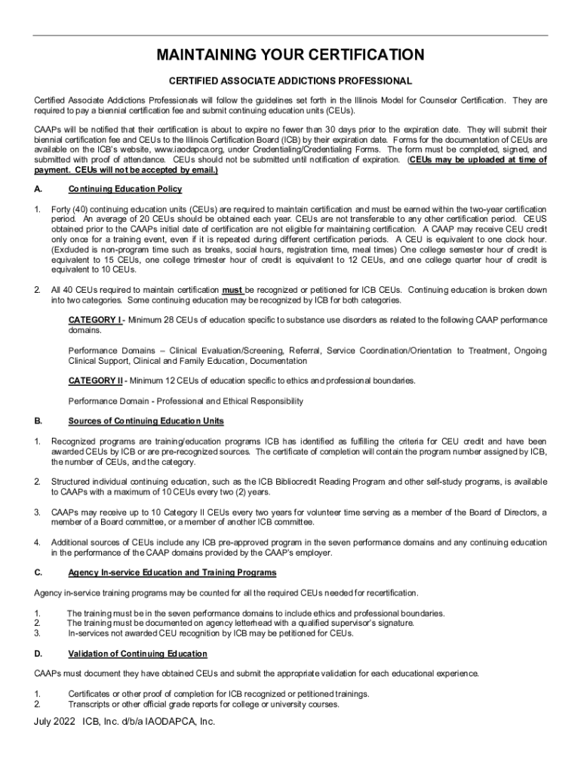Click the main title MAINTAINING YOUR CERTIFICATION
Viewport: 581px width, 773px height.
coord(290,55)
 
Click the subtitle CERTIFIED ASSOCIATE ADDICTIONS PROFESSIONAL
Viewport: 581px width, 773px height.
coord(290,81)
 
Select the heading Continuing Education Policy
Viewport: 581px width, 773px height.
coord(124,189)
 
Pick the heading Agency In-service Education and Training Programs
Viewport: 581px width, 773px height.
coord(172,572)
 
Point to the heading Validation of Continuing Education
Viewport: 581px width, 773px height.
coord(137,654)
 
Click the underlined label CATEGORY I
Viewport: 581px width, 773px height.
coord(95,320)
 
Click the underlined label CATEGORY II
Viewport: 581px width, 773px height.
coord(96,380)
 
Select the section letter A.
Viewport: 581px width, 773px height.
coord(38,189)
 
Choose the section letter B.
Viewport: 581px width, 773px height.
coord(38,420)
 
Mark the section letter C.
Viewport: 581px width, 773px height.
coord(38,572)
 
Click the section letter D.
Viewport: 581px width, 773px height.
coord(38,654)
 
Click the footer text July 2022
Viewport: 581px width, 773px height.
coord(55,722)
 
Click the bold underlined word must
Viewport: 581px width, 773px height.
coord(232,290)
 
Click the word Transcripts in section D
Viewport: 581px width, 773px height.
coord(92,704)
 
